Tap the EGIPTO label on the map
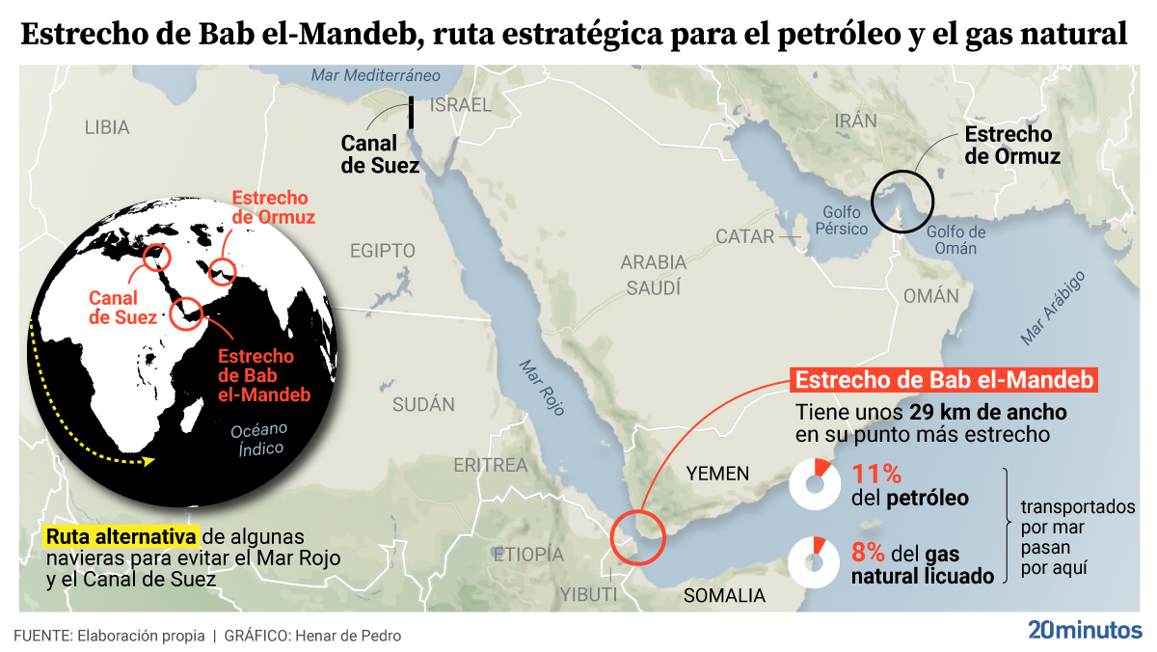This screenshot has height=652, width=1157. [x=382, y=251]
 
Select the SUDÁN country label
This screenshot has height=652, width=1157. [x=423, y=405]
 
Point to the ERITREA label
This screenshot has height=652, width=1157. [x=491, y=466]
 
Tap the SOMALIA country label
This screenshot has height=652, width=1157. [x=724, y=595]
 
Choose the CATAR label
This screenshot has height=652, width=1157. [x=744, y=236]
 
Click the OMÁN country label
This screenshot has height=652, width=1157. [x=931, y=296]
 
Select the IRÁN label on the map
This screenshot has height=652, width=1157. [x=856, y=121]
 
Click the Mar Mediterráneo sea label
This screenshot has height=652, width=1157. [x=376, y=75]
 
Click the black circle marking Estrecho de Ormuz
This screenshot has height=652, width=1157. [x=903, y=200]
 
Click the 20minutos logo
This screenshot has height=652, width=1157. [x=1085, y=631]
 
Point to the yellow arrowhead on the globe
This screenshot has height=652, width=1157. [x=148, y=462]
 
